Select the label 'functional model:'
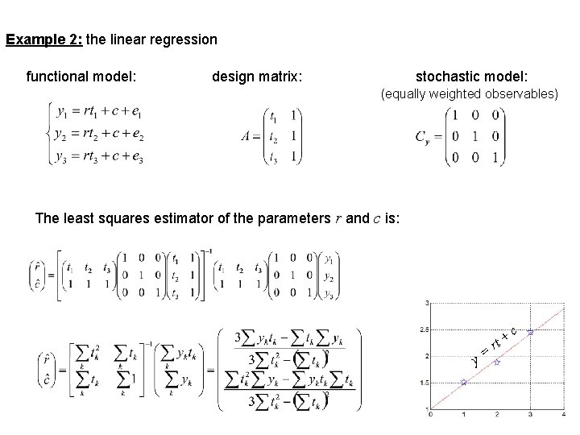pyautogui.click(x=81, y=77)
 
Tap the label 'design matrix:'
pyautogui.click(x=257, y=77)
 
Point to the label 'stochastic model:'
pyautogui.click(x=471, y=77)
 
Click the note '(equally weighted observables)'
pyautogui.click(x=469, y=94)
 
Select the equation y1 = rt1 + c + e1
pyautogui.click(x=97, y=112)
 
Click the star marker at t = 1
pyautogui.click(x=463, y=383)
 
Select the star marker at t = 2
pyautogui.click(x=497, y=362)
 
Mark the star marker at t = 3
pyautogui.click(x=530, y=332)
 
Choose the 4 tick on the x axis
pyautogui.click(x=564, y=415)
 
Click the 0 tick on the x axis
pyautogui.click(x=430, y=415)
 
